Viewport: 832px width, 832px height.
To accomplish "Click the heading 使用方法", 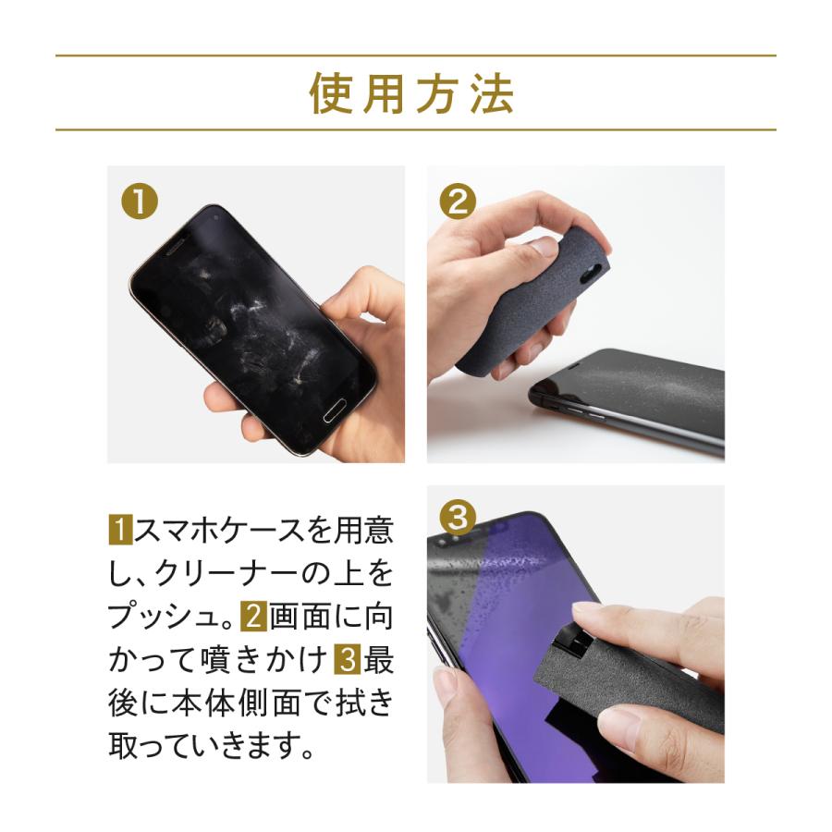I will [x=412, y=92].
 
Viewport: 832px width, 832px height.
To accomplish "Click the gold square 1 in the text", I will [x=121, y=531].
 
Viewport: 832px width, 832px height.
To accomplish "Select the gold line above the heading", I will [x=415, y=56].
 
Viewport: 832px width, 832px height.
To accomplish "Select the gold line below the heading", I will [x=415, y=129].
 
